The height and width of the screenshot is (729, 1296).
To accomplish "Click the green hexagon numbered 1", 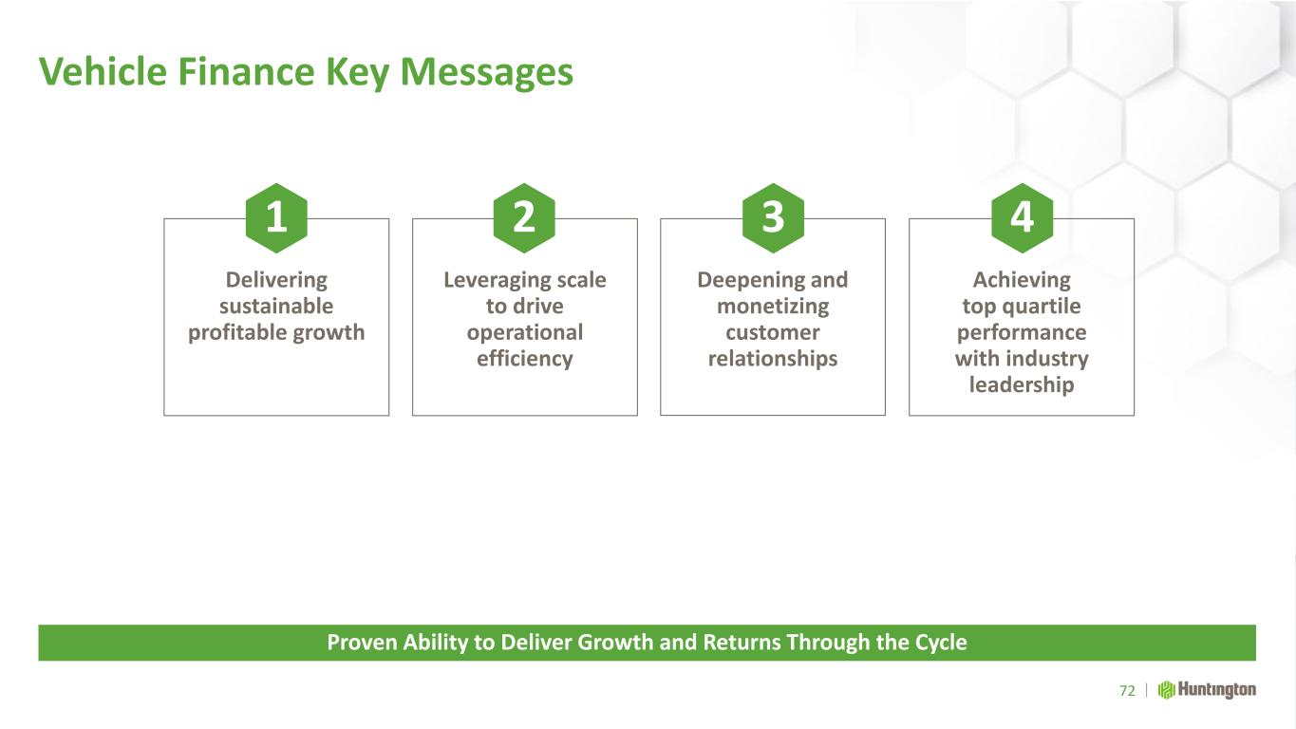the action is (x=276, y=218).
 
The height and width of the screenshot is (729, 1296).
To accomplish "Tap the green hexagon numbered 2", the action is (x=524, y=218).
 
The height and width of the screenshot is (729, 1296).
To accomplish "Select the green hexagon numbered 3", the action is (x=773, y=218).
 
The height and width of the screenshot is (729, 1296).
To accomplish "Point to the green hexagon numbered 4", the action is (x=1022, y=218).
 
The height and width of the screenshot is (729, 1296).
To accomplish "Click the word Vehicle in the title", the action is (x=103, y=72).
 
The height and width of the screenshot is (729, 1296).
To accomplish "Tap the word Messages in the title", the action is (x=486, y=73).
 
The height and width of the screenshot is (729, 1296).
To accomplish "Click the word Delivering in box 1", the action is (x=276, y=281).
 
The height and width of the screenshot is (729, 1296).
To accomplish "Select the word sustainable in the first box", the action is (x=276, y=306).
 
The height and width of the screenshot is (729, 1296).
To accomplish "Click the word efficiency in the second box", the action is (x=525, y=359).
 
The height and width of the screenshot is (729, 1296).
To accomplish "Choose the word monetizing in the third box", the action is (x=773, y=307).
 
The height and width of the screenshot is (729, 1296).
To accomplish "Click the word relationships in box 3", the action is (x=773, y=359).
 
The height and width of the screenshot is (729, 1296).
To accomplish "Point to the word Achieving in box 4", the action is (x=1022, y=281).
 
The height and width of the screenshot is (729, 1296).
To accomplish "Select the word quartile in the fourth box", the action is (x=1042, y=307).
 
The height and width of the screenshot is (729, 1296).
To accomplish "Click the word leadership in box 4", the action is (x=1022, y=384).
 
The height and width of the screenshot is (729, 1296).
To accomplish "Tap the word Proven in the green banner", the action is (x=362, y=643).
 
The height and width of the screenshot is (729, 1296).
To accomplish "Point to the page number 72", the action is (x=1127, y=690).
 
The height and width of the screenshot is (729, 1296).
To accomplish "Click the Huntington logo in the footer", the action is (x=1207, y=690).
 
